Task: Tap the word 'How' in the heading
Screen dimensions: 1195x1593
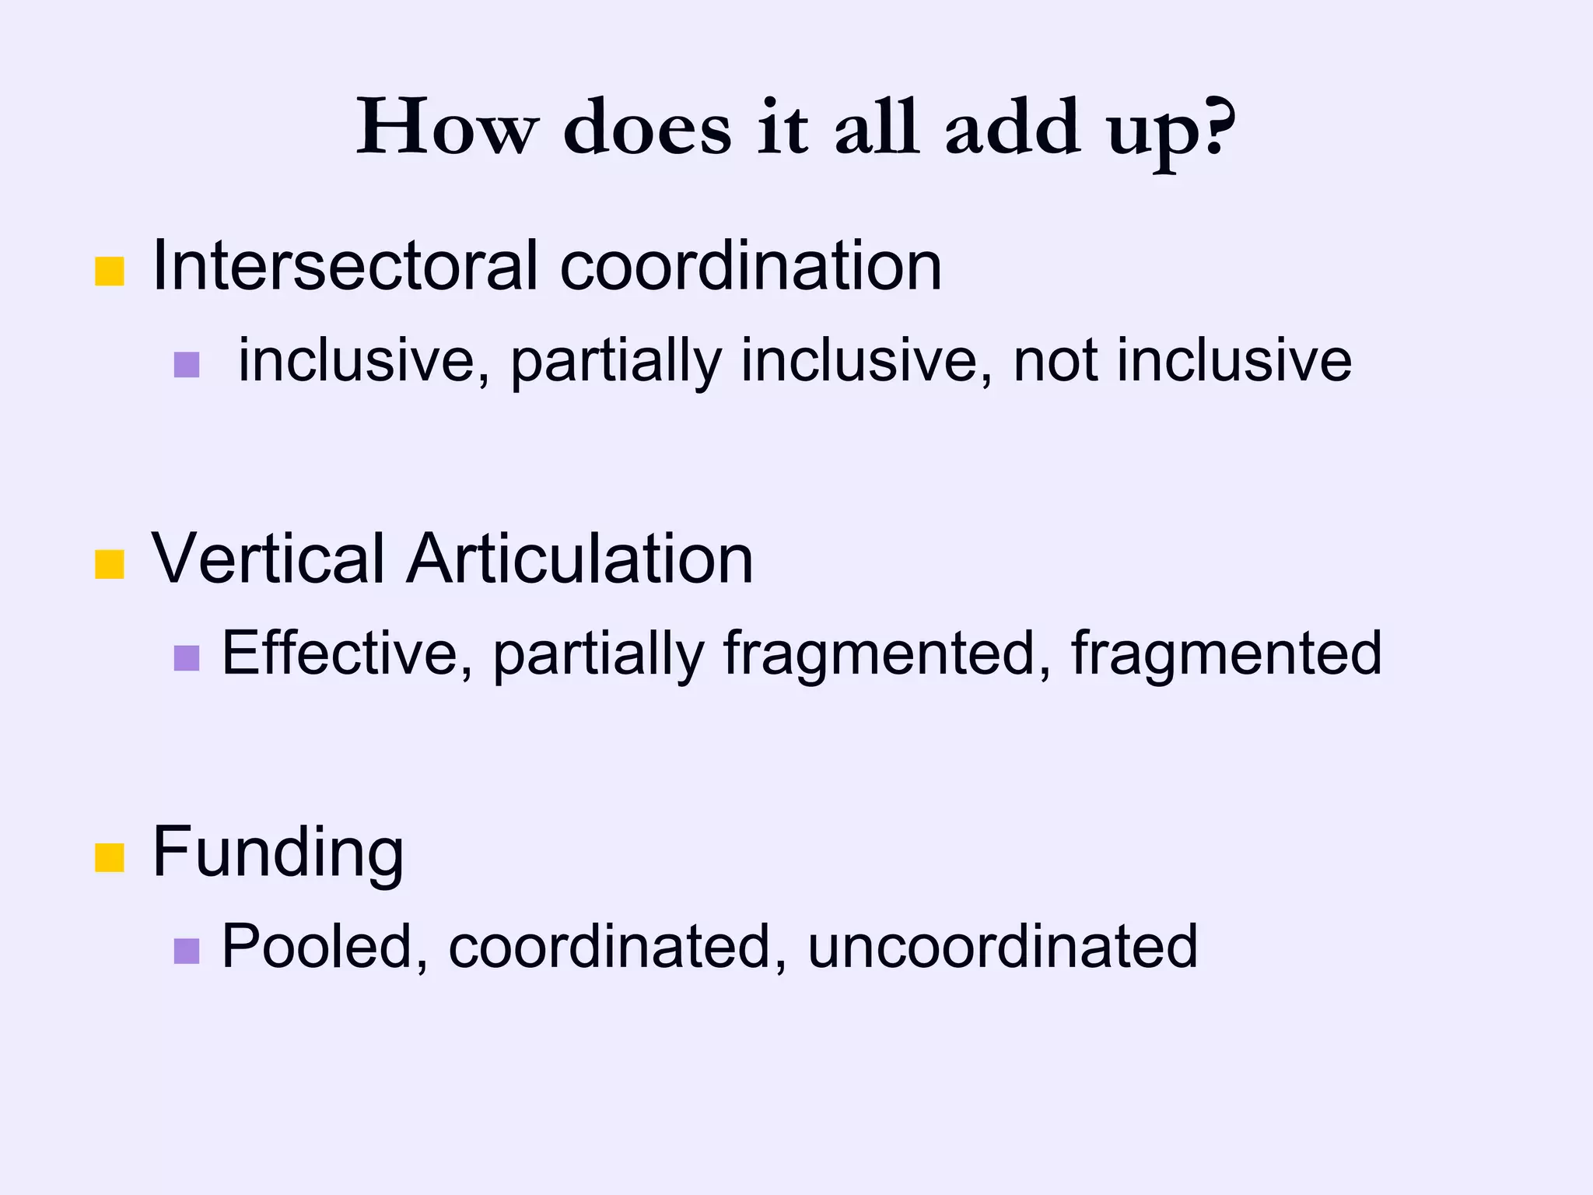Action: [447, 126]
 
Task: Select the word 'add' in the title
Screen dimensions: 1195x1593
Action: [1012, 126]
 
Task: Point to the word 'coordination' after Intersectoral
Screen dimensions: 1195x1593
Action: [751, 266]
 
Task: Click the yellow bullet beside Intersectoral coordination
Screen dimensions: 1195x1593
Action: [110, 272]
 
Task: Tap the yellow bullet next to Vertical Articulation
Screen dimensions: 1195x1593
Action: [110, 564]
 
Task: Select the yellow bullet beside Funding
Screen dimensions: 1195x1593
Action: [110, 857]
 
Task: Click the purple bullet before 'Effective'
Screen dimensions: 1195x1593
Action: [187, 658]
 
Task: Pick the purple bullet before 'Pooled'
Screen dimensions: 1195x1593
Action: [187, 951]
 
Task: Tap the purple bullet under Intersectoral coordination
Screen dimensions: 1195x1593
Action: [187, 365]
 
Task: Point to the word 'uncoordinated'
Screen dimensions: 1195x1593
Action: [1003, 946]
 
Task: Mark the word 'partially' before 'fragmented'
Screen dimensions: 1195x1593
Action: [598, 654]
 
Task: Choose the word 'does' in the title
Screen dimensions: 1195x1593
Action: [647, 126]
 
